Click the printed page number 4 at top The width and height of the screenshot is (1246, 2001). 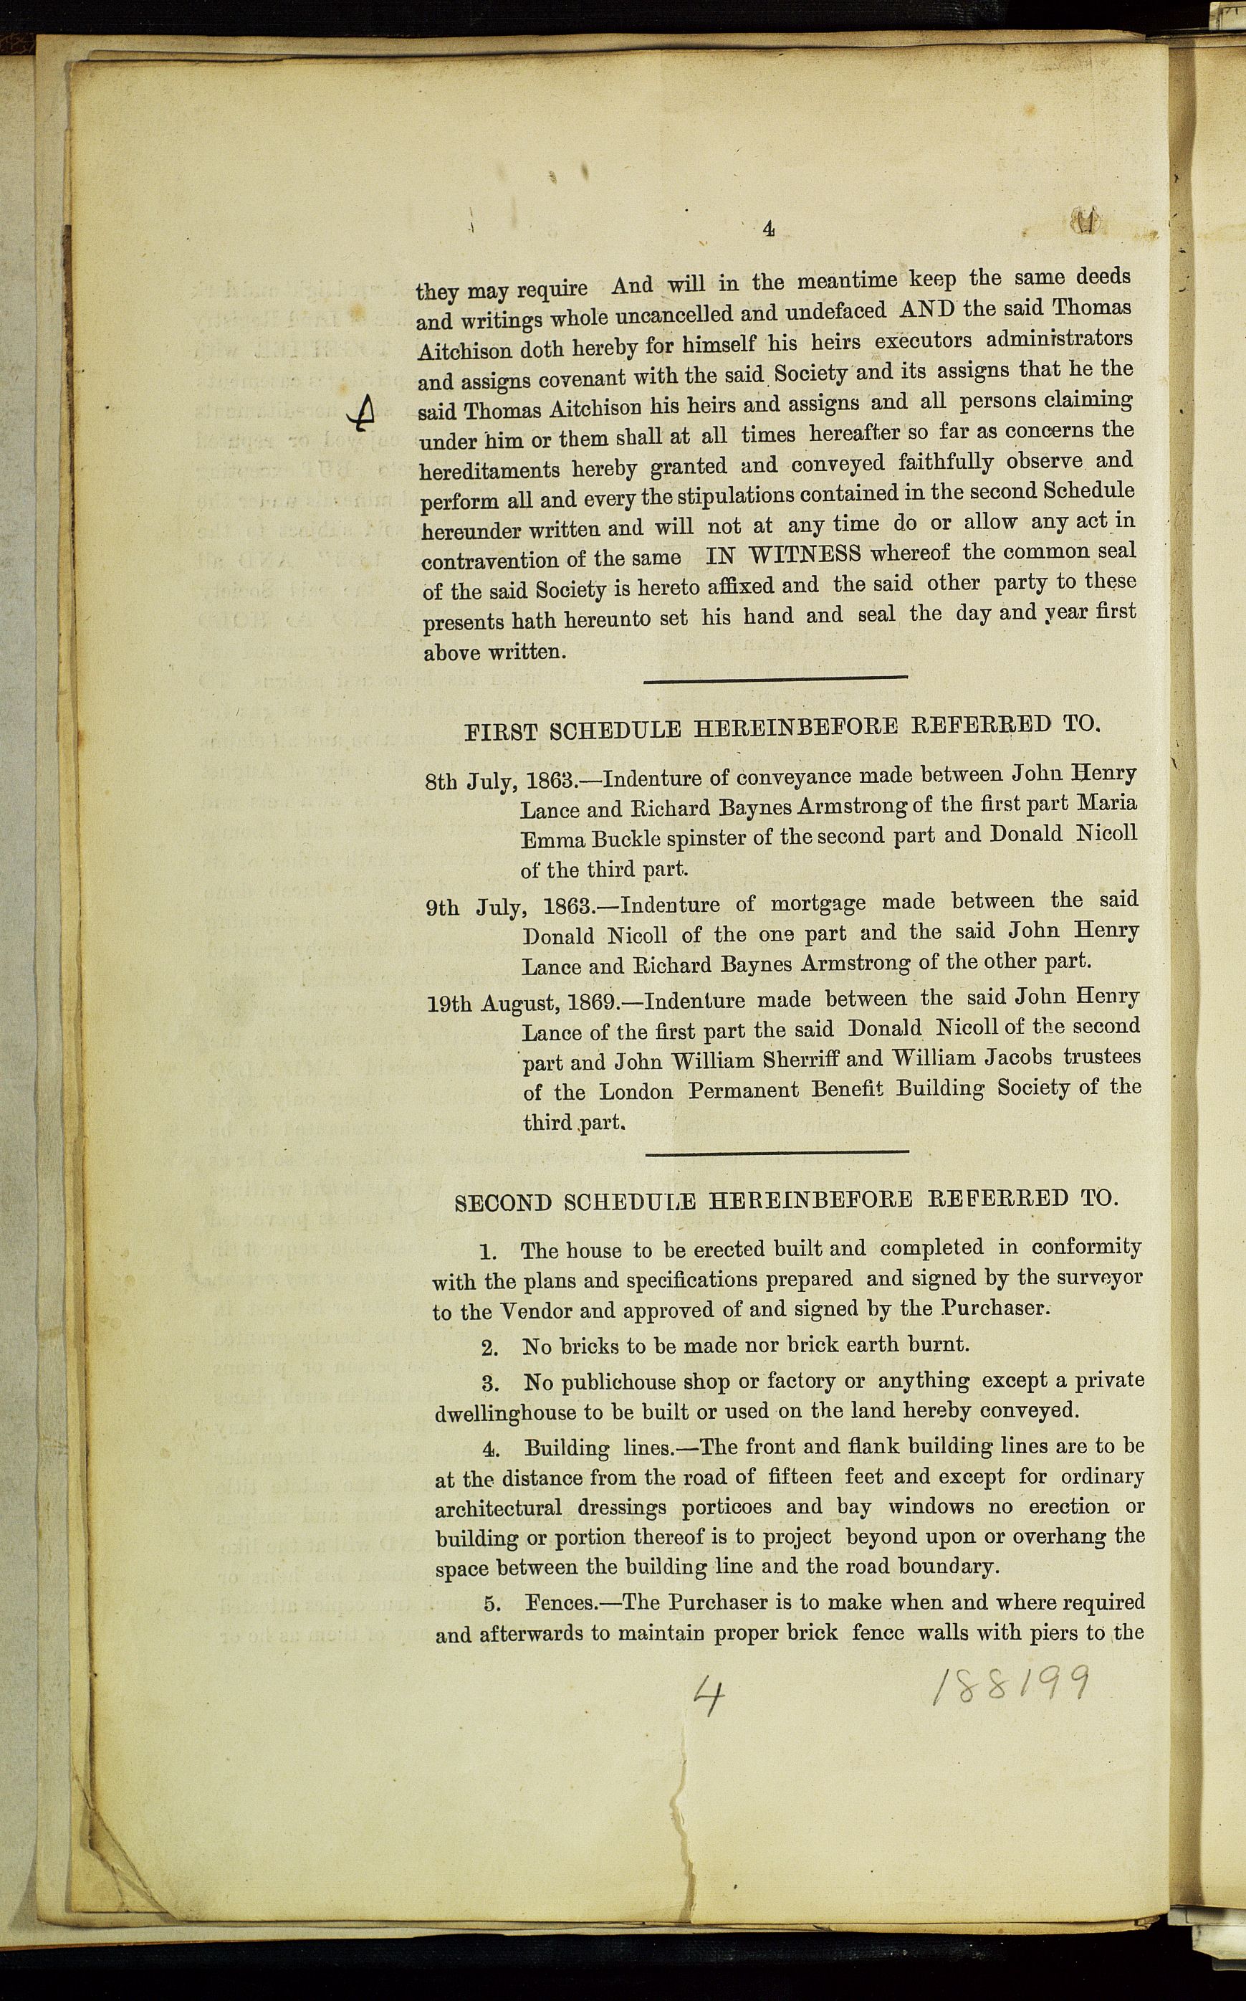[x=768, y=229]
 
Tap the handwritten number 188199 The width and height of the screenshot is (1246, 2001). [x=1010, y=1682]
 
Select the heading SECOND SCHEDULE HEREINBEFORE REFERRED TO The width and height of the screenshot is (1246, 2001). [x=787, y=1200]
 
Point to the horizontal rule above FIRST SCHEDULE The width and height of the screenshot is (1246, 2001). [x=775, y=678]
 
